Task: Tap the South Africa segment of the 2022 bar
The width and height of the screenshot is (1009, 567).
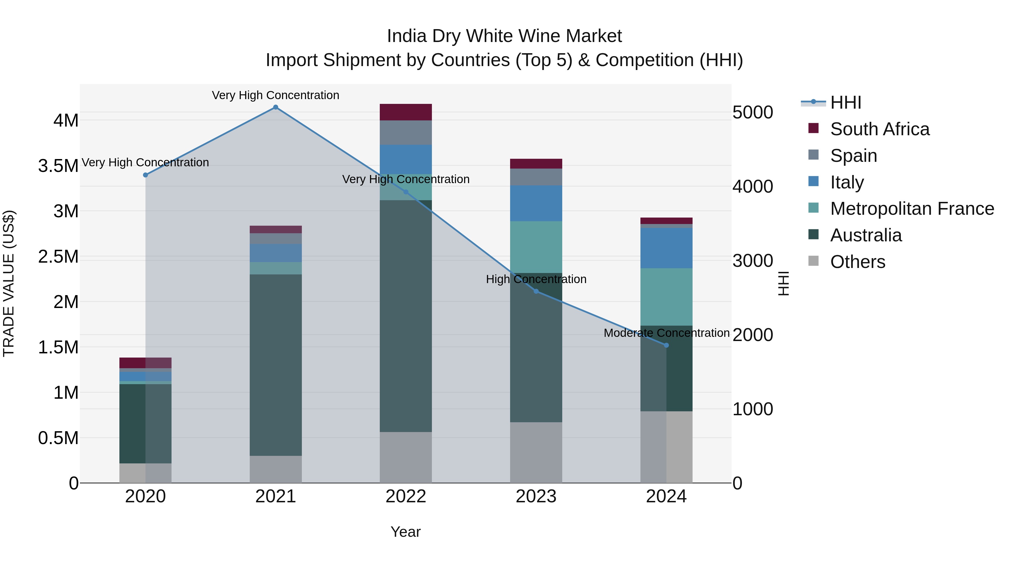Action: click(x=406, y=112)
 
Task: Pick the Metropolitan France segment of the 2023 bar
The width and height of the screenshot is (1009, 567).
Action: click(x=536, y=247)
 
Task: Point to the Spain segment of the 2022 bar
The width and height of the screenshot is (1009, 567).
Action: click(x=406, y=133)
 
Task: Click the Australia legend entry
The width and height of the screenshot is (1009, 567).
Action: click(x=866, y=235)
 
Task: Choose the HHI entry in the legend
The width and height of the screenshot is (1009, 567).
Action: click(x=845, y=102)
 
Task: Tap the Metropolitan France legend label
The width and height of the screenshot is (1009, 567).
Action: click(x=912, y=209)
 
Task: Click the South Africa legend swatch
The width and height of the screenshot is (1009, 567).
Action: click(x=814, y=128)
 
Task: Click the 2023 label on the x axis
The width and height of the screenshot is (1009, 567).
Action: click(x=536, y=496)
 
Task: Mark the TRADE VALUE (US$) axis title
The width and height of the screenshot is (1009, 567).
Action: click(x=9, y=283)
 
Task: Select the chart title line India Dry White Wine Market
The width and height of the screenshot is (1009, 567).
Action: click(x=504, y=36)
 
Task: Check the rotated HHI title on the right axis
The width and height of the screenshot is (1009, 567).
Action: click(x=783, y=283)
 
